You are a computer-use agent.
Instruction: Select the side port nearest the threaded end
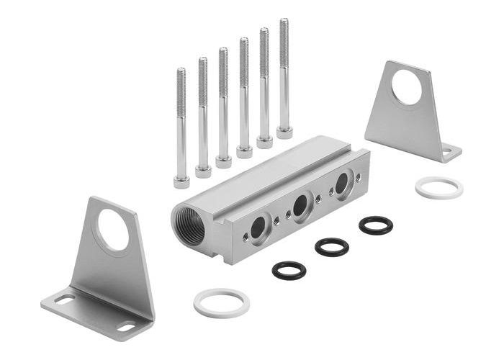point(257,228)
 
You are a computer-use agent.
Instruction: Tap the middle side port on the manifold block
point(300,206)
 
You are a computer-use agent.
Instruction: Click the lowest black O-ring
point(289,271)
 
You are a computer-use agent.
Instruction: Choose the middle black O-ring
point(332,247)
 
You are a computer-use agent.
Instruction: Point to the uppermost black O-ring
point(375,225)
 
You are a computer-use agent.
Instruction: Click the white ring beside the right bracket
point(438,188)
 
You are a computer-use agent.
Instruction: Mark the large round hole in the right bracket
point(407,87)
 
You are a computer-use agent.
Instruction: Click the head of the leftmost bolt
point(181,181)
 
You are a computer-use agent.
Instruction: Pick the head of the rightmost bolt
point(284,132)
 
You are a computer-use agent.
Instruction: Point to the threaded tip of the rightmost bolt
point(284,24)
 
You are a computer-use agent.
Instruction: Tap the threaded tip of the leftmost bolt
point(181,73)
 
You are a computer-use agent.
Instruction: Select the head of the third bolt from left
point(223,161)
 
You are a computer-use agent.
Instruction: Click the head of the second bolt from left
point(203,171)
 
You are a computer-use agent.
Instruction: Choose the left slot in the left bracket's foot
point(64,299)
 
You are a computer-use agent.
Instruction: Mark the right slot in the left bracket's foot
point(126,327)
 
